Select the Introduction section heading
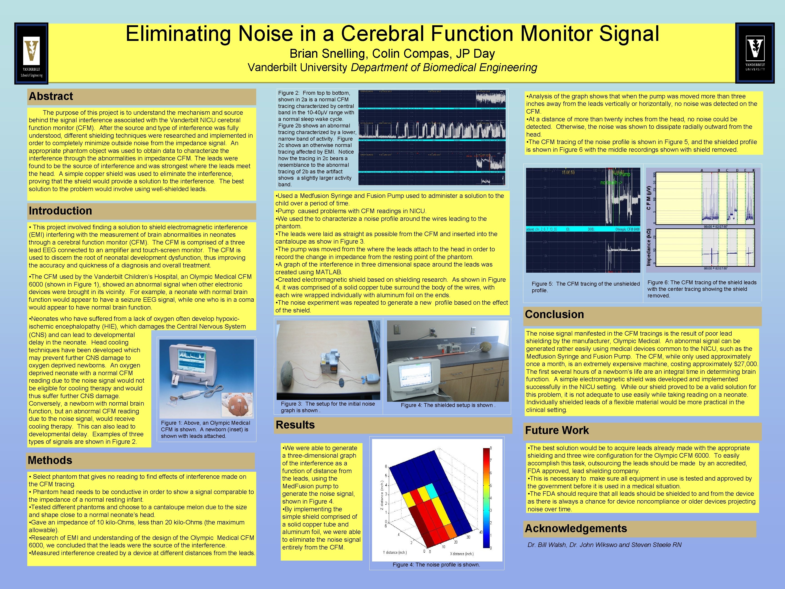[x=60, y=211]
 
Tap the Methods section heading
[x=50, y=460]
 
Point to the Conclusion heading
[x=554, y=314]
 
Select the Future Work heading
[x=556, y=430]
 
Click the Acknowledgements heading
[x=576, y=528]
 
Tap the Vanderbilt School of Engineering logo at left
[x=31, y=54]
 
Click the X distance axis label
[x=462, y=554]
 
